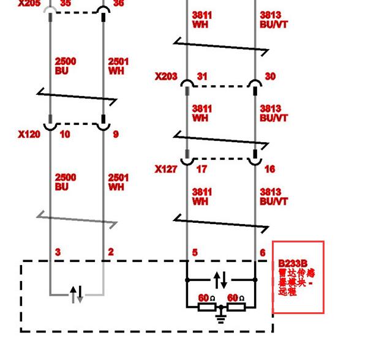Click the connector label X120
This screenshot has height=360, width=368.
[29, 134]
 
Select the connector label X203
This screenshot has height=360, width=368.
[166, 77]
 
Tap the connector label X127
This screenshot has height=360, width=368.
[166, 169]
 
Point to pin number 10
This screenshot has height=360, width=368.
[64, 134]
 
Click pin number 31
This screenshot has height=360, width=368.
[202, 77]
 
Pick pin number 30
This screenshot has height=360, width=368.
[270, 77]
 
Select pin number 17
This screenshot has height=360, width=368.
[201, 169]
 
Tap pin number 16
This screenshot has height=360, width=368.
[270, 169]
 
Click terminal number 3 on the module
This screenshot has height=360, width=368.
[58, 252]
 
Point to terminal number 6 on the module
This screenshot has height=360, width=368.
[263, 252]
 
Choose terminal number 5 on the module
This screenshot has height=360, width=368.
[195, 252]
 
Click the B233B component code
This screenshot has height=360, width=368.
[293, 263]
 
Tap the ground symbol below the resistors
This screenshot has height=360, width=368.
[221, 317]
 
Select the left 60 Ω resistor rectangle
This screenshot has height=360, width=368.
[206, 306]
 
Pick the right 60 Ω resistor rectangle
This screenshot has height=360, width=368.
[236, 306]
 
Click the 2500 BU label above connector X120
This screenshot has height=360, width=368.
[66, 66]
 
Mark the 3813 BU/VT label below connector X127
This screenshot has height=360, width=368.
[274, 197]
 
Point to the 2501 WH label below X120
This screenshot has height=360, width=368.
[118, 182]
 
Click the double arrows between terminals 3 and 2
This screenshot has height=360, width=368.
[77, 294]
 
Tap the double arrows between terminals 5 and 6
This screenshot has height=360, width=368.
[221, 280]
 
